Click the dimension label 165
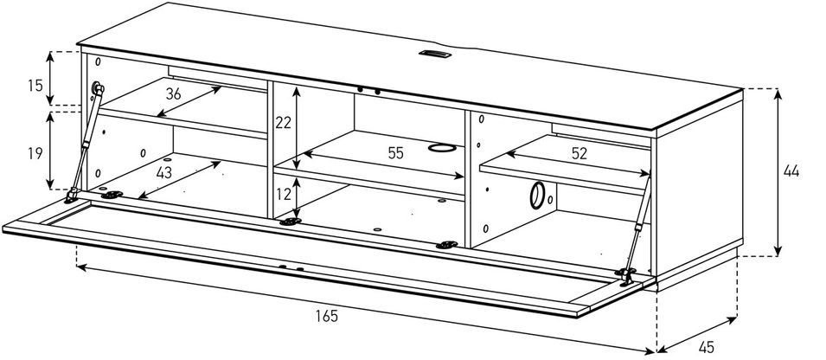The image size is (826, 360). [326, 316]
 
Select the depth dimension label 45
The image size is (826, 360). [706, 348]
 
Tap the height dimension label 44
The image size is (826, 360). [791, 171]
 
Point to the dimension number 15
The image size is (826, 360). [35, 87]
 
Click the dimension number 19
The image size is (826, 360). [35, 155]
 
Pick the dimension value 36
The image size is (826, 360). [173, 94]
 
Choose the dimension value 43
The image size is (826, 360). [164, 173]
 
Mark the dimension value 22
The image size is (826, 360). [283, 123]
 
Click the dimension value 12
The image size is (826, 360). [283, 195]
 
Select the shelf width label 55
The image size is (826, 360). [395, 153]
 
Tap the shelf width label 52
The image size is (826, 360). [579, 154]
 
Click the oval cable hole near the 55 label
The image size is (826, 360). [441, 147]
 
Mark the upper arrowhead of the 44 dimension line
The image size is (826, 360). [778, 93]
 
